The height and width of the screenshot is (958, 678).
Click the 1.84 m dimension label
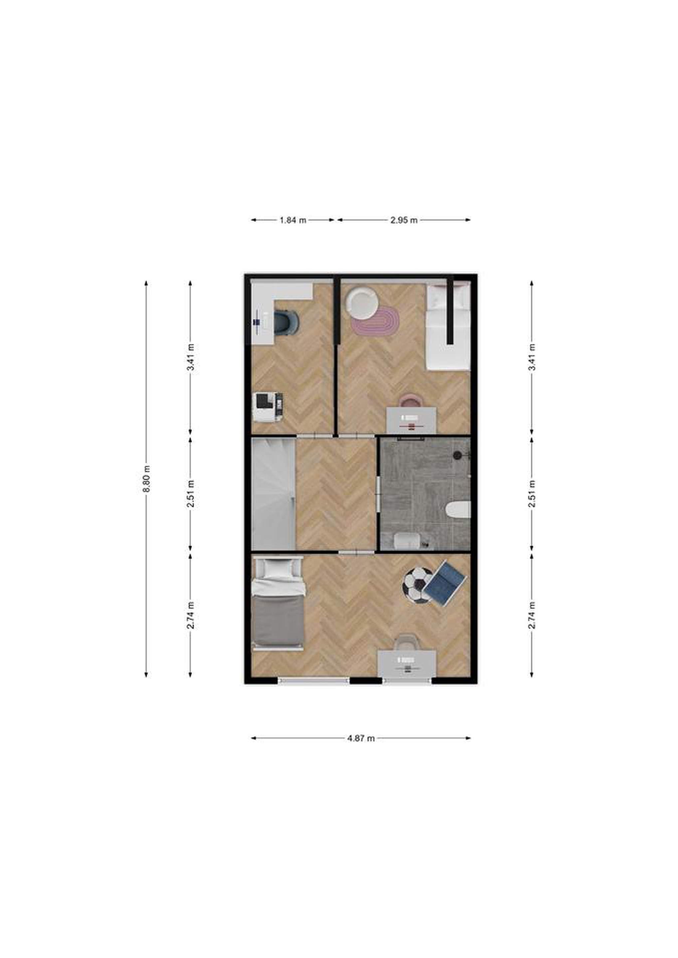tap(293, 220)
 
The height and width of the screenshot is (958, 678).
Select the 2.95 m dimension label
tap(404, 220)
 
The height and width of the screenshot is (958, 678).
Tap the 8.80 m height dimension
tap(146, 479)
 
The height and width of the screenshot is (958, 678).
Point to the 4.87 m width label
tap(361, 738)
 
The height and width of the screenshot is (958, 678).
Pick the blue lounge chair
tap(444, 583)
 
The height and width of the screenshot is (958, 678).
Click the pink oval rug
tap(375, 320)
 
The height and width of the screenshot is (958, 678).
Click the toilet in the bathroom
tap(458, 510)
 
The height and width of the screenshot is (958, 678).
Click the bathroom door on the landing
tap(378, 494)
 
